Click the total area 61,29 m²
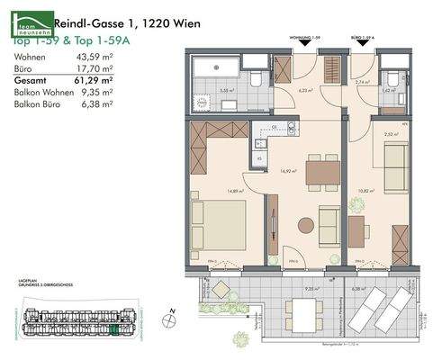[x=95, y=79]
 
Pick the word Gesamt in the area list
[x=30, y=79]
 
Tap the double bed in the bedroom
[x=220, y=225]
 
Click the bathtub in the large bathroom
[x=213, y=68]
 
